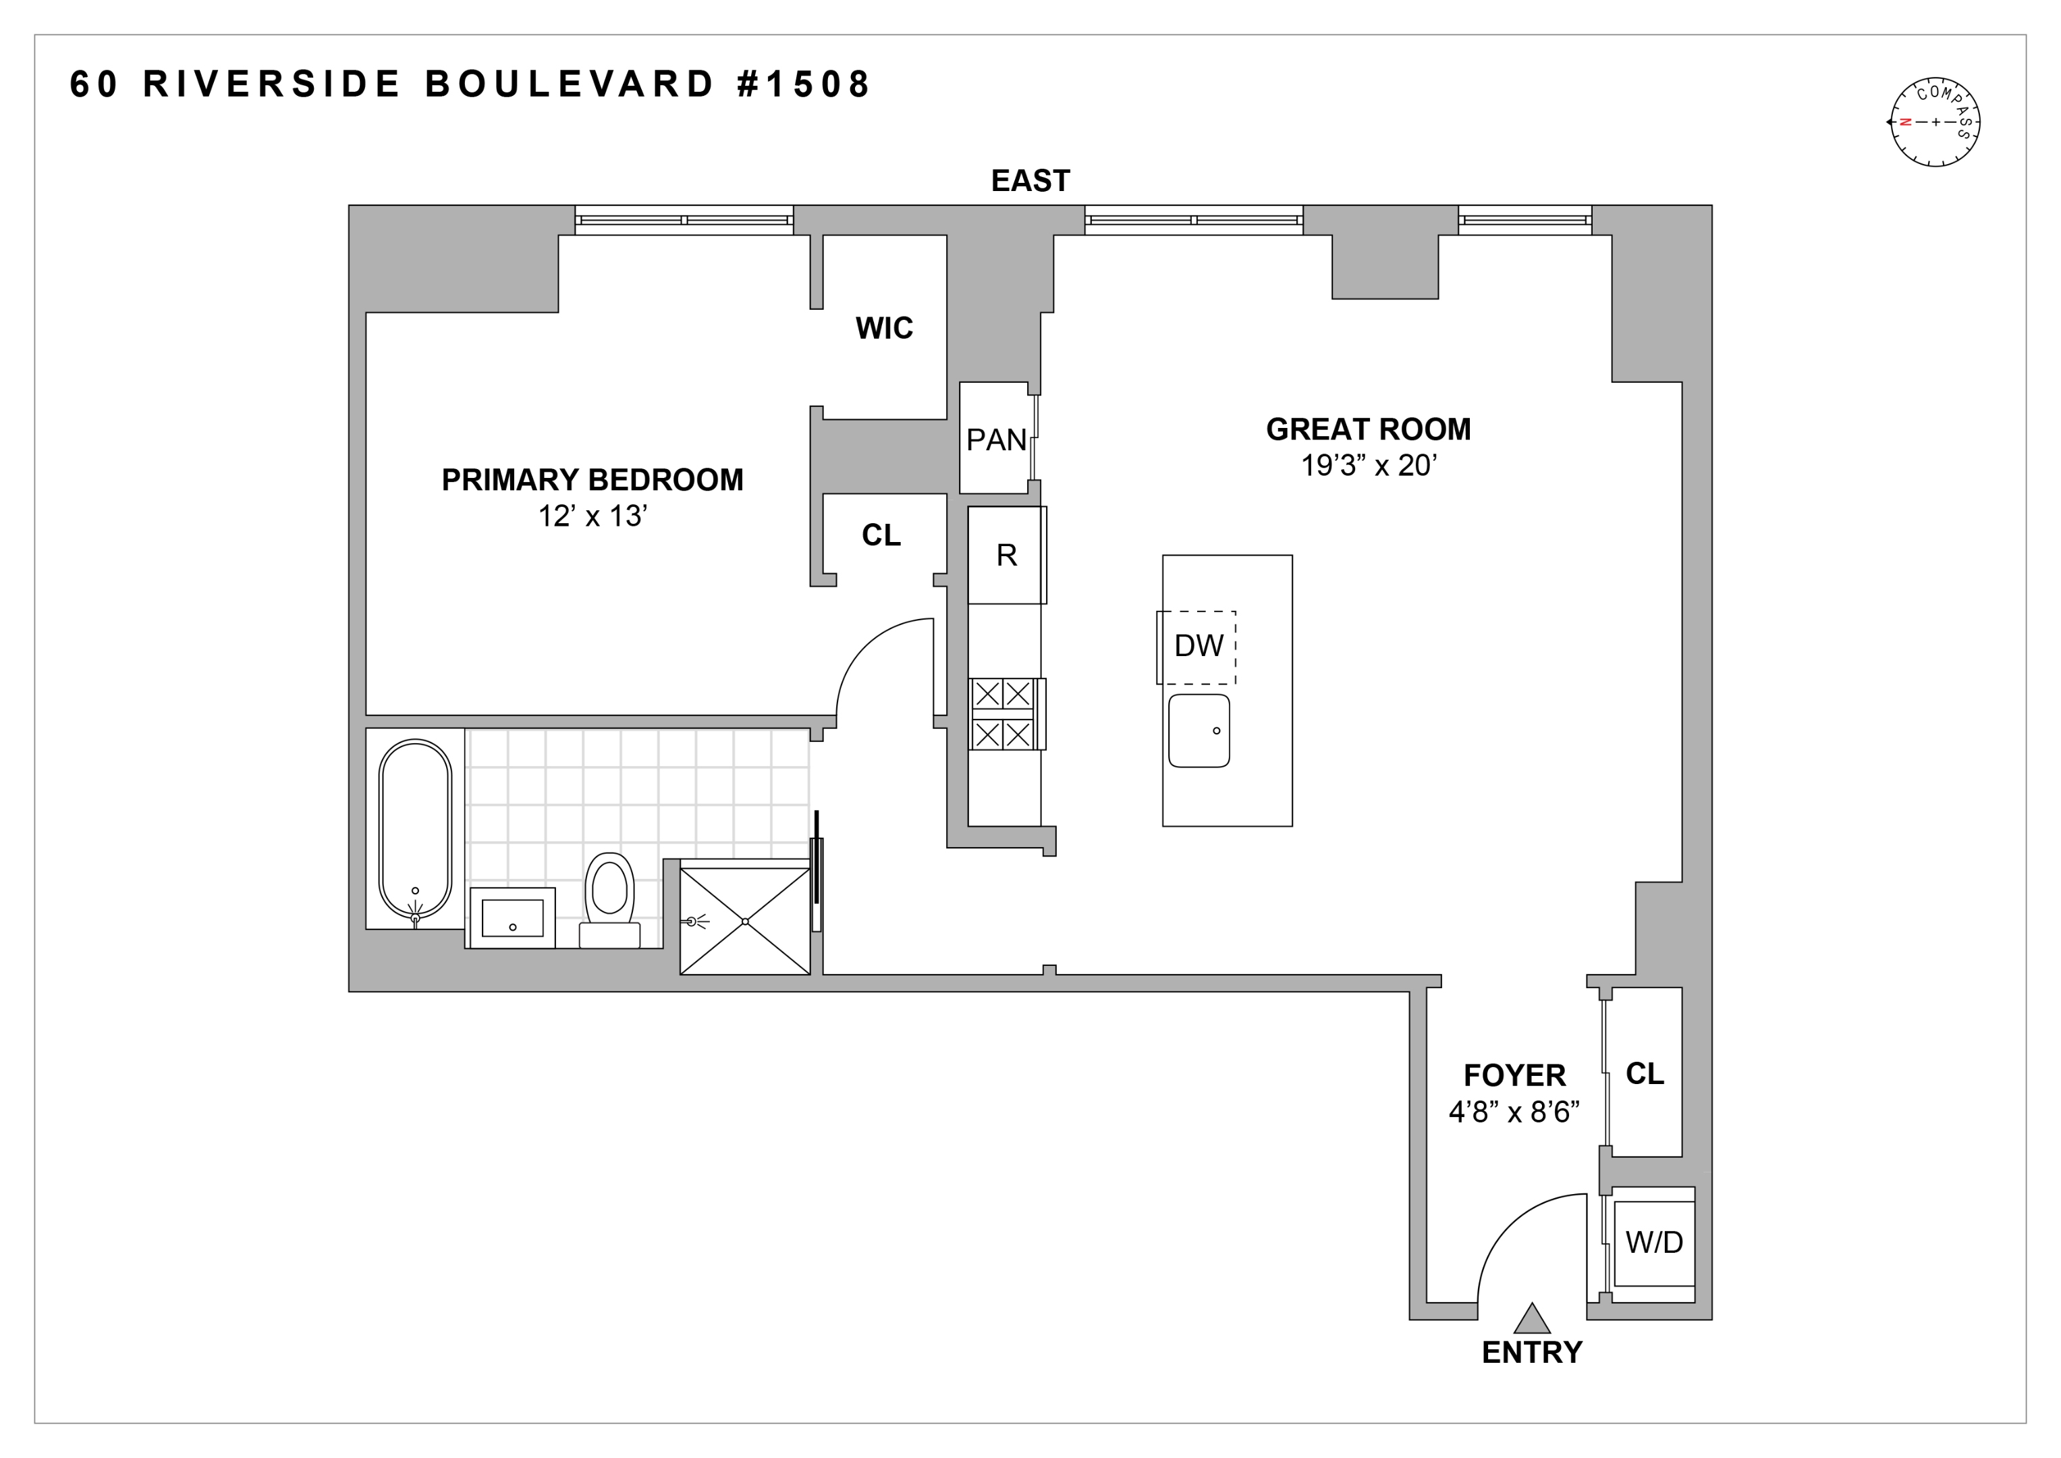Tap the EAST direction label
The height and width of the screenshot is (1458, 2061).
(x=1030, y=180)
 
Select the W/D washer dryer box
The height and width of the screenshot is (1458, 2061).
(x=1653, y=1243)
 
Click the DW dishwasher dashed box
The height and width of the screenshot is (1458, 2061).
(x=1197, y=647)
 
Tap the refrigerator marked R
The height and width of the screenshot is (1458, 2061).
(x=1006, y=556)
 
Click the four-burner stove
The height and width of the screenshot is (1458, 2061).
(x=1004, y=713)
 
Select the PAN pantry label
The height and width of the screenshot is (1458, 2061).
(x=995, y=440)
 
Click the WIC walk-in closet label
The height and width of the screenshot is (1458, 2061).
(x=883, y=329)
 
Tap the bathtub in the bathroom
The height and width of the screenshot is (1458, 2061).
(x=415, y=829)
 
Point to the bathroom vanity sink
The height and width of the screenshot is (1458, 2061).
(x=513, y=917)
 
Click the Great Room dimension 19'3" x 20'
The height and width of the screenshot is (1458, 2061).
(x=1369, y=466)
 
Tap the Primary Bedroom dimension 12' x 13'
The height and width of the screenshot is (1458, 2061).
(x=593, y=517)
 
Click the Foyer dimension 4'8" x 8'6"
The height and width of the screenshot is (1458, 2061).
(x=1514, y=1112)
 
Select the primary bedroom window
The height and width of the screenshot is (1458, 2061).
(x=684, y=220)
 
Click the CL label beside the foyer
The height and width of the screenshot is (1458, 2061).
(x=1645, y=1074)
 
